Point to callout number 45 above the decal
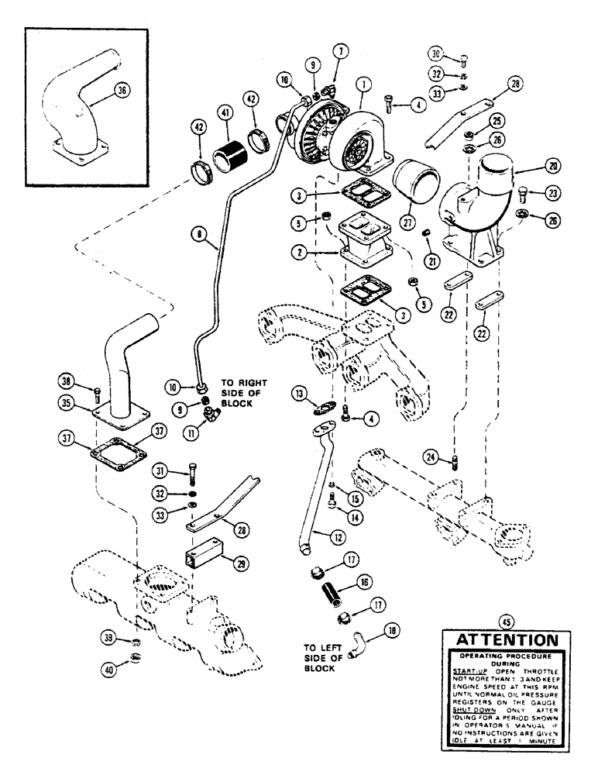[507, 620]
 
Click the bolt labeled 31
[190, 470]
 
